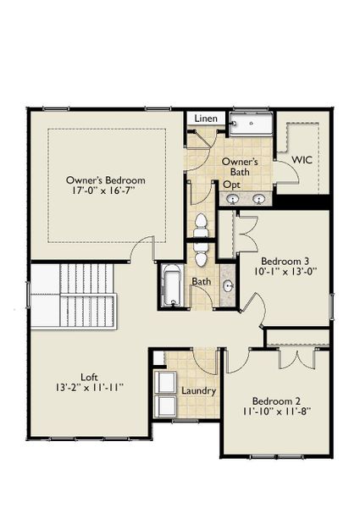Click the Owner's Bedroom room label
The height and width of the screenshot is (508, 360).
pyautogui.click(x=107, y=180)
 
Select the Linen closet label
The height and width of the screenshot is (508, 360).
pyautogui.click(x=207, y=119)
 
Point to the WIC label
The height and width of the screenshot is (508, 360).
pyautogui.click(x=302, y=159)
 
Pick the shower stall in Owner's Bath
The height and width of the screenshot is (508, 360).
pyautogui.click(x=250, y=125)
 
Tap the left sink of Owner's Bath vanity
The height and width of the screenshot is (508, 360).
pyautogui.click(x=233, y=199)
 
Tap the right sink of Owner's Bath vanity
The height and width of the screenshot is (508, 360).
pyautogui.click(x=259, y=199)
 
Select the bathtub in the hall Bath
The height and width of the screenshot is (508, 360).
pyautogui.click(x=170, y=285)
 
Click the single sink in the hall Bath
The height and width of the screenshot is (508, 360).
pyautogui.click(x=228, y=286)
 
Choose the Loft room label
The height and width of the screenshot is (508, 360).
pyautogui.click(x=90, y=376)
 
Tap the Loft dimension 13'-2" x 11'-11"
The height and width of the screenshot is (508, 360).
pyautogui.click(x=90, y=388)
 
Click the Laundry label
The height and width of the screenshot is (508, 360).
pyautogui.click(x=199, y=391)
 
